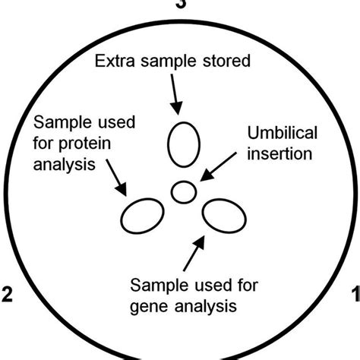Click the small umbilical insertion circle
183,191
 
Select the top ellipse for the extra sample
182,144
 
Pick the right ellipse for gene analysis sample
224,216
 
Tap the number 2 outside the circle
8,294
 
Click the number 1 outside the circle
354,294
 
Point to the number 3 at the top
180,4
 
